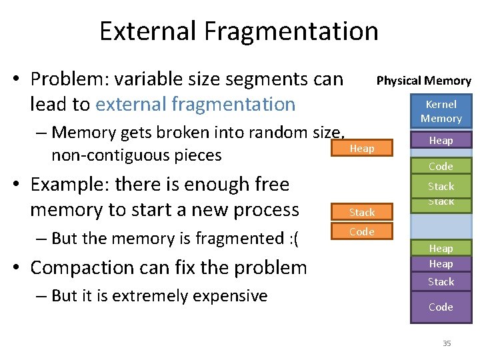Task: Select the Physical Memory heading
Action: pos(423,81)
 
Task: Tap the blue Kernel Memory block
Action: pos(441,111)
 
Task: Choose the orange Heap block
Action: pos(362,148)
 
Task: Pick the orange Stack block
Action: pos(362,212)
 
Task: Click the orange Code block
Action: pos(362,231)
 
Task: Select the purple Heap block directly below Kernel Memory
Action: pos(441,140)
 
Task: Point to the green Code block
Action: pos(441,166)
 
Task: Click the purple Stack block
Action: pos(441,281)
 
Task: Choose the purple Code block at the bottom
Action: pos(441,307)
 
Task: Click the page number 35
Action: pos(447,343)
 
